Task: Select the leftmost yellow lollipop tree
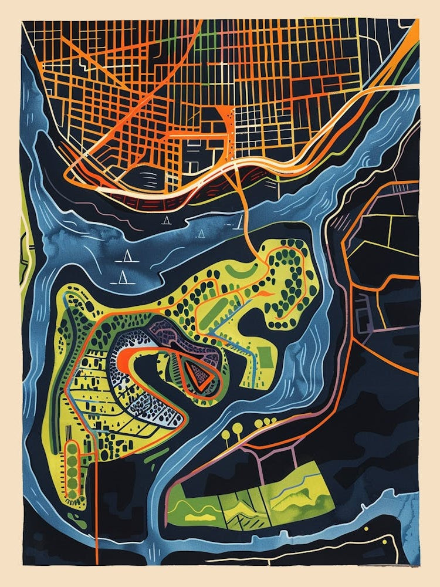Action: (x=226, y=435)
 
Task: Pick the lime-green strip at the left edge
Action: (x=23, y=247)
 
